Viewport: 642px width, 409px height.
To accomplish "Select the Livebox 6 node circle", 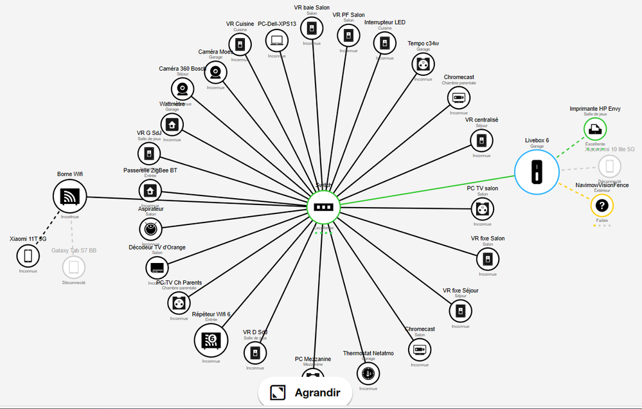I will click(537, 172).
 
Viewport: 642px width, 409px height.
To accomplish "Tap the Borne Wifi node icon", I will click(69, 195).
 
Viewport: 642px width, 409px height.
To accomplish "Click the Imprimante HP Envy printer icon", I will click(594, 129).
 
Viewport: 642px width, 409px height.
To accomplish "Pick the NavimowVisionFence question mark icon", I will click(602, 206).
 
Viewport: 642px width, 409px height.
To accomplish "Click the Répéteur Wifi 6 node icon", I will click(211, 339).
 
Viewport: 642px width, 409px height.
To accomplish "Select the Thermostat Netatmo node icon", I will click(368, 372).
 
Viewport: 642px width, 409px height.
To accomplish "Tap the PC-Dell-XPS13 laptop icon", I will click(277, 41).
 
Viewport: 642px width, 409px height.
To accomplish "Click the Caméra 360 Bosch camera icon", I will click(183, 88).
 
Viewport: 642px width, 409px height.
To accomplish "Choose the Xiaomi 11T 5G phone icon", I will click(28, 255).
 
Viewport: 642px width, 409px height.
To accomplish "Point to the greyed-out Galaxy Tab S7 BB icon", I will click(74, 266).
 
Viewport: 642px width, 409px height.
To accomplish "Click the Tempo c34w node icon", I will click(423, 64).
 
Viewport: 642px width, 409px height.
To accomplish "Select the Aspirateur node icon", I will click(150, 228).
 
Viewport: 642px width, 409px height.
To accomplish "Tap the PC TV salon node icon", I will click(482, 208).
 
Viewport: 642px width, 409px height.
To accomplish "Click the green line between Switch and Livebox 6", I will click(424, 190).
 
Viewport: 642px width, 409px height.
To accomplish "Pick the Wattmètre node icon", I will click(172, 124).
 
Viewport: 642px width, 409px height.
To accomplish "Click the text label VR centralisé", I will click(481, 120).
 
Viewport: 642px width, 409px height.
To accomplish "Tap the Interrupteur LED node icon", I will click(384, 42).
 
